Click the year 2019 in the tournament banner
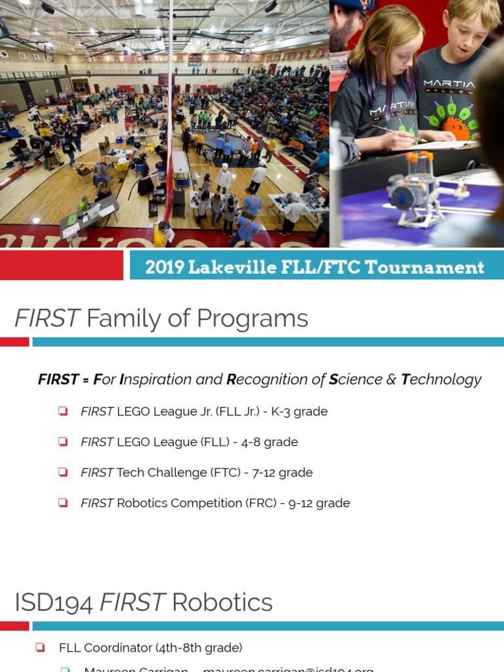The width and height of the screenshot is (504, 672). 163,268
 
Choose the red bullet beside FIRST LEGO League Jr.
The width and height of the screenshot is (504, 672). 63,411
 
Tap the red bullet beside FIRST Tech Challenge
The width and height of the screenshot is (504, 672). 63,472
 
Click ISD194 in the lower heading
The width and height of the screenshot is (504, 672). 54,602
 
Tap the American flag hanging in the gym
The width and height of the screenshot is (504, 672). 127,55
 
